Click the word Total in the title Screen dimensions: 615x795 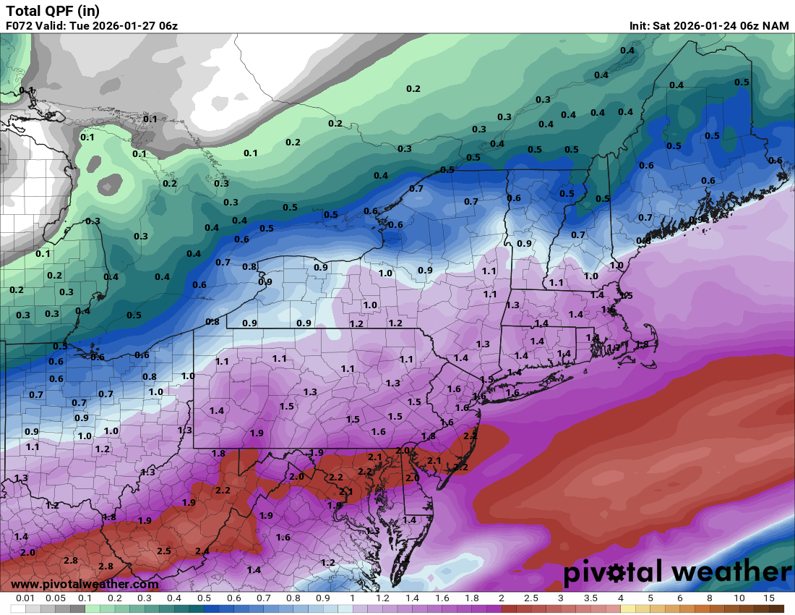click(23, 11)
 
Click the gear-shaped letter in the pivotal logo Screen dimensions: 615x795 click(616, 573)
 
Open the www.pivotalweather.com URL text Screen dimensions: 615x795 click(85, 584)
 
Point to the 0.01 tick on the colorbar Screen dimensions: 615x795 click(25, 598)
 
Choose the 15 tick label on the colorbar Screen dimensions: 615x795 click(768, 598)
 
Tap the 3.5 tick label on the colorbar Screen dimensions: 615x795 click(590, 598)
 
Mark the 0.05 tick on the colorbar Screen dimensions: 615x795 click(55, 598)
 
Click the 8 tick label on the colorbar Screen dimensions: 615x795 click(709, 598)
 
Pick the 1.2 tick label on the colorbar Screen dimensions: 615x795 click(382, 598)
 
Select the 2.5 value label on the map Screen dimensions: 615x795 click(164, 551)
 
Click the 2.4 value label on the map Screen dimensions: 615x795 click(202, 551)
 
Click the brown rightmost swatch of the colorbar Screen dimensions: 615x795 click(776, 608)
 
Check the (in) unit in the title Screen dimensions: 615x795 click(87, 11)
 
